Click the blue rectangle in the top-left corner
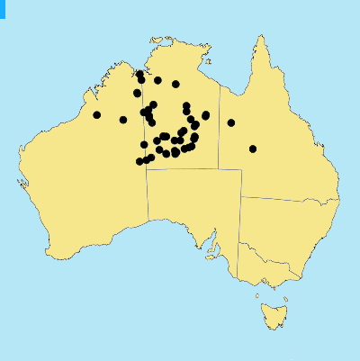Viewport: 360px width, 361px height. point(3,8)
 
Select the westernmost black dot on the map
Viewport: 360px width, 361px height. point(97,114)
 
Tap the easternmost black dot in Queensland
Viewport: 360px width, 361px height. point(253,149)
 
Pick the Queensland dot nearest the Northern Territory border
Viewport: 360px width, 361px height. point(231,122)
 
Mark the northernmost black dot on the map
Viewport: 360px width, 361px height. point(139,76)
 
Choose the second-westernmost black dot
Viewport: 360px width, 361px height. point(123,120)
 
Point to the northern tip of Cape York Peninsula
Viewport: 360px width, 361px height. point(262,38)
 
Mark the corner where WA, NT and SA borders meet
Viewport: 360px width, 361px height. point(148,169)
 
